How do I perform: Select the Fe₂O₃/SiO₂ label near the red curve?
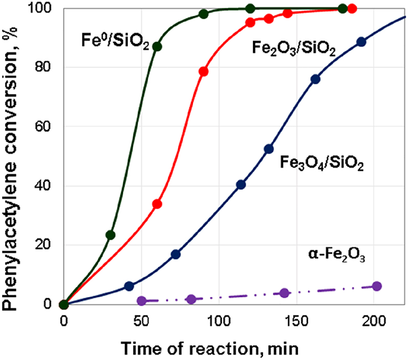point(294,49)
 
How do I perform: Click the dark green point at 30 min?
point(110,235)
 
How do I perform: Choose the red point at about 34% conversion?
point(157,204)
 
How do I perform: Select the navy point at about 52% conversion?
point(269,149)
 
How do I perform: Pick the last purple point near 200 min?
point(377,286)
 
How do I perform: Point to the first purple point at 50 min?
point(142,301)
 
